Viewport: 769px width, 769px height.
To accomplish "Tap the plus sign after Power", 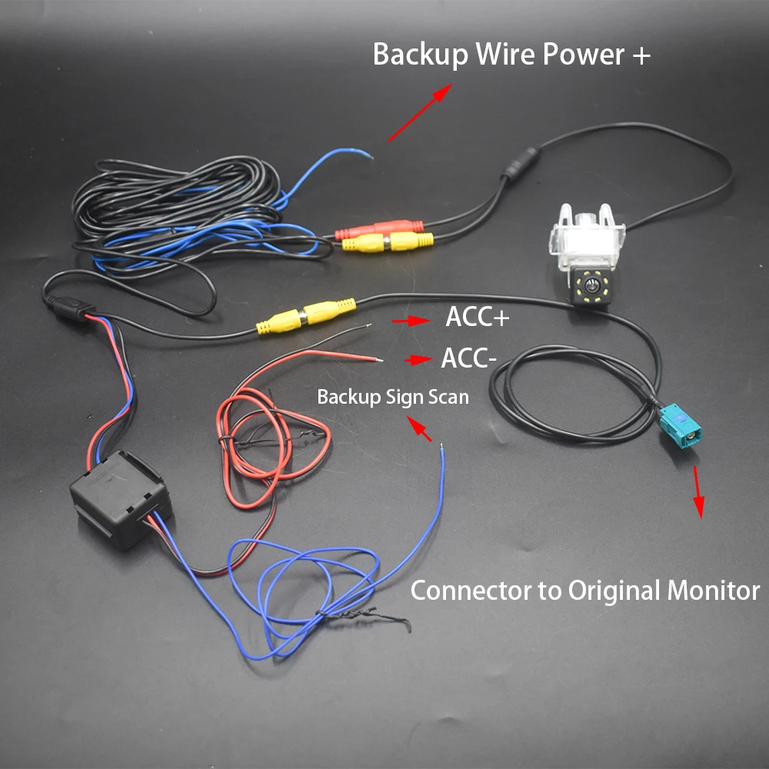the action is pos(641,55).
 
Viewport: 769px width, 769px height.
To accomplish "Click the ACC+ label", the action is pos(477,318).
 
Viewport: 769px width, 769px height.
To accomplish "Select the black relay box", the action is pos(118,499).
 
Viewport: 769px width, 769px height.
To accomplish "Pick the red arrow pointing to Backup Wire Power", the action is pos(418,114).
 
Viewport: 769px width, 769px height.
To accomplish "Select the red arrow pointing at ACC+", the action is pos(410,320).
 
